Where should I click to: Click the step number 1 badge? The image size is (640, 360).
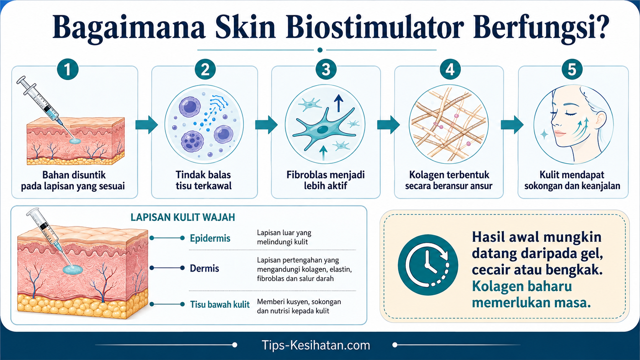[68, 69]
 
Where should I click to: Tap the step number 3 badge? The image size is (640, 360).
[326, 69]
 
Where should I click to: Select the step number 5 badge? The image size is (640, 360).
[572, 69]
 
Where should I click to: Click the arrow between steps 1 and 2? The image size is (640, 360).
[147, 125]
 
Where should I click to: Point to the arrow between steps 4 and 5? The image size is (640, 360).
[512, 125]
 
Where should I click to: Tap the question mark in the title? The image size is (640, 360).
[600, 27]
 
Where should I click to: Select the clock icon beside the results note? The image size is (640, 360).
[428, 265]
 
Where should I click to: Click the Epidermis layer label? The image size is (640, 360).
[210, 238]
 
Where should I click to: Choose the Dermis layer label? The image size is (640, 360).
[204, 268]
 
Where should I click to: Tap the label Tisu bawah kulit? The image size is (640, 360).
[220, 304]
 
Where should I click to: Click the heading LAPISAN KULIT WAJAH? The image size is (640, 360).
[183, 217]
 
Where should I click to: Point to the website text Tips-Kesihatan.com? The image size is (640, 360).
[316, 345]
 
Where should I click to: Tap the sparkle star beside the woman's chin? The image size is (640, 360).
[544, 134]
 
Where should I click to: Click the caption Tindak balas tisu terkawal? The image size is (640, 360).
[203, 180]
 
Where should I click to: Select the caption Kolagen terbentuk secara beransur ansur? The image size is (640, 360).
[449, 180]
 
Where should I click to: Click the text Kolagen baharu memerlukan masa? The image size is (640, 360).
[531, 294]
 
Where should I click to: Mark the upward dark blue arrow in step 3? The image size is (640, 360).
[339, 103]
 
